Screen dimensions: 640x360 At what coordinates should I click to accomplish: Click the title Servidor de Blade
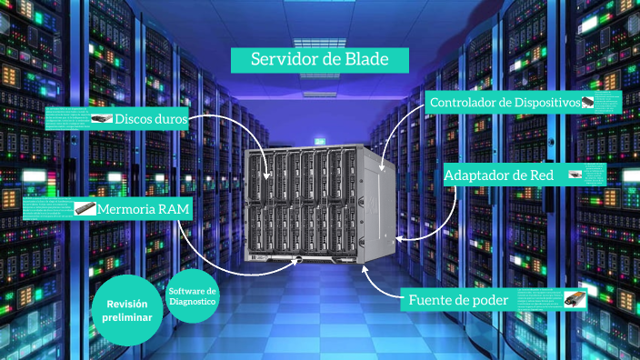[x=319, y=60]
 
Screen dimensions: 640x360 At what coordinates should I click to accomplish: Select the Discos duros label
[x=151, y=119]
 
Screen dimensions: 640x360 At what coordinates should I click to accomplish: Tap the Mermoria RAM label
[x=144, y=209]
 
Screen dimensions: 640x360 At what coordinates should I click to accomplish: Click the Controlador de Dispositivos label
[x=505, y=103]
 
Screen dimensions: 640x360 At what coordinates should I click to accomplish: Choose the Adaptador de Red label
[x=499, y=174]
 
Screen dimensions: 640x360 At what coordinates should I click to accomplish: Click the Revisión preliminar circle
[x=133, y=311]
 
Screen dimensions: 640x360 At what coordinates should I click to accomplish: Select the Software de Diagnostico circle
[x=193, y=295]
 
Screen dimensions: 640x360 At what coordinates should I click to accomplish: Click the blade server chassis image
[x=321, y=203]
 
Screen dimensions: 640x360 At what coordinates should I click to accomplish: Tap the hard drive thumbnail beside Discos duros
[x=102, y=119]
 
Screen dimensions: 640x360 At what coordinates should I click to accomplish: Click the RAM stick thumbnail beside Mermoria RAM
[x=85, y=208]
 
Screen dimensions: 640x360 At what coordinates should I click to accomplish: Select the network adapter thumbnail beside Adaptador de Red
[x=575, y=174]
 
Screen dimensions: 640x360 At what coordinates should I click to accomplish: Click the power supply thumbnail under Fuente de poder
[x=574, y=299]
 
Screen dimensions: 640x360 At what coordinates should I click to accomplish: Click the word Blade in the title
[x=369, y=60]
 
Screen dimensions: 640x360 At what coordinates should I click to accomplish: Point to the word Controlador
[x=463, y=103]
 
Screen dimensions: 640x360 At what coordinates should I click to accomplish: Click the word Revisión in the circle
[x=133, y=304]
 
